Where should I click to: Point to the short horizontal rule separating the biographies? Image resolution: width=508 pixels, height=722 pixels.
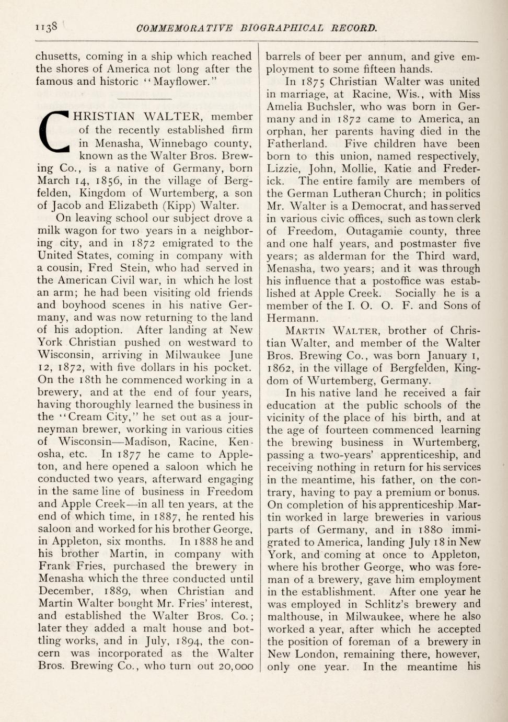pos(144,99)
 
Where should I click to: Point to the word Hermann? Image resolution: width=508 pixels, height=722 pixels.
pos(290,318)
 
